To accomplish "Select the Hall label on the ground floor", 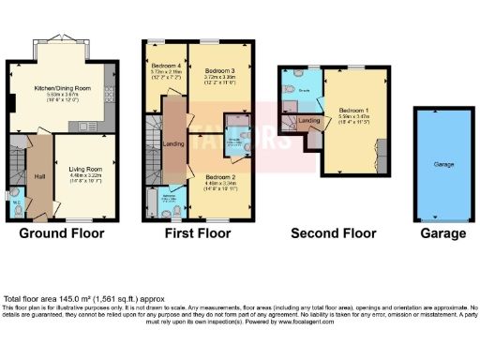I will coord(38,174).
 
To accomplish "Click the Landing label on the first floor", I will coord(172,143).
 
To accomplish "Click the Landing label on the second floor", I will coord(309,121).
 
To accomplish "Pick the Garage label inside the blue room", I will coord(442,164).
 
